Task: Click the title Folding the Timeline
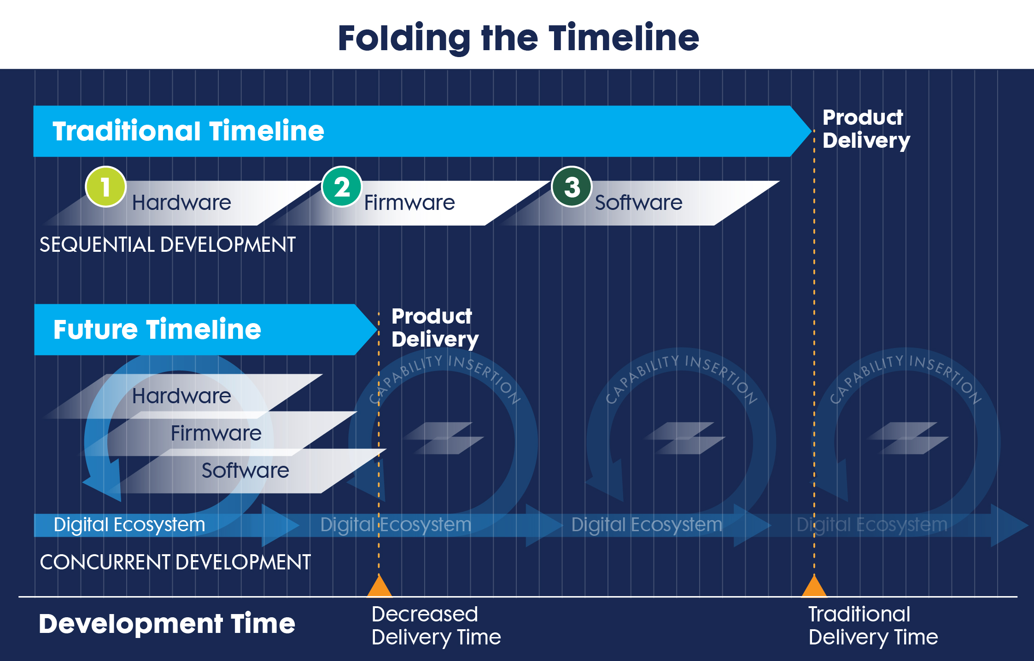tap(518, 38)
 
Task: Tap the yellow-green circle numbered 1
tap(105, 187)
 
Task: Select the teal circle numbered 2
tap(341, 187)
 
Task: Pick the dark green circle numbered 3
tap(572, 187)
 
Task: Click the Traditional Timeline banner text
tap(188, 131)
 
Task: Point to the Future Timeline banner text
tap(157, 330)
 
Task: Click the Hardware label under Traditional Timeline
tap(181, 203)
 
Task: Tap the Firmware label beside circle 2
tap(409, 203)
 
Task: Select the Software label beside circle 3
tap(638, 203)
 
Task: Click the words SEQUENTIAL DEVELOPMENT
tap(167, 244)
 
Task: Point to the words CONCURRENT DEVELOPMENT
tap(175, 562)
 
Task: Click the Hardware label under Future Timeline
tap(181, 396)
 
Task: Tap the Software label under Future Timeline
tap(245, 470)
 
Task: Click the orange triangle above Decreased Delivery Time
tap(379, 587)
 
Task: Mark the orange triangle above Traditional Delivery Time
tap(814, 587)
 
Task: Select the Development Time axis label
tap(167, 624)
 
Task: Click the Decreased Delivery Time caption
tap(436, 626)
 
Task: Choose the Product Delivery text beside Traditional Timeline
tap(866, 129)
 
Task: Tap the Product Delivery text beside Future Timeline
tap(435, 328)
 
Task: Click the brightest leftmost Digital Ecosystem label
tap(129, 525)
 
